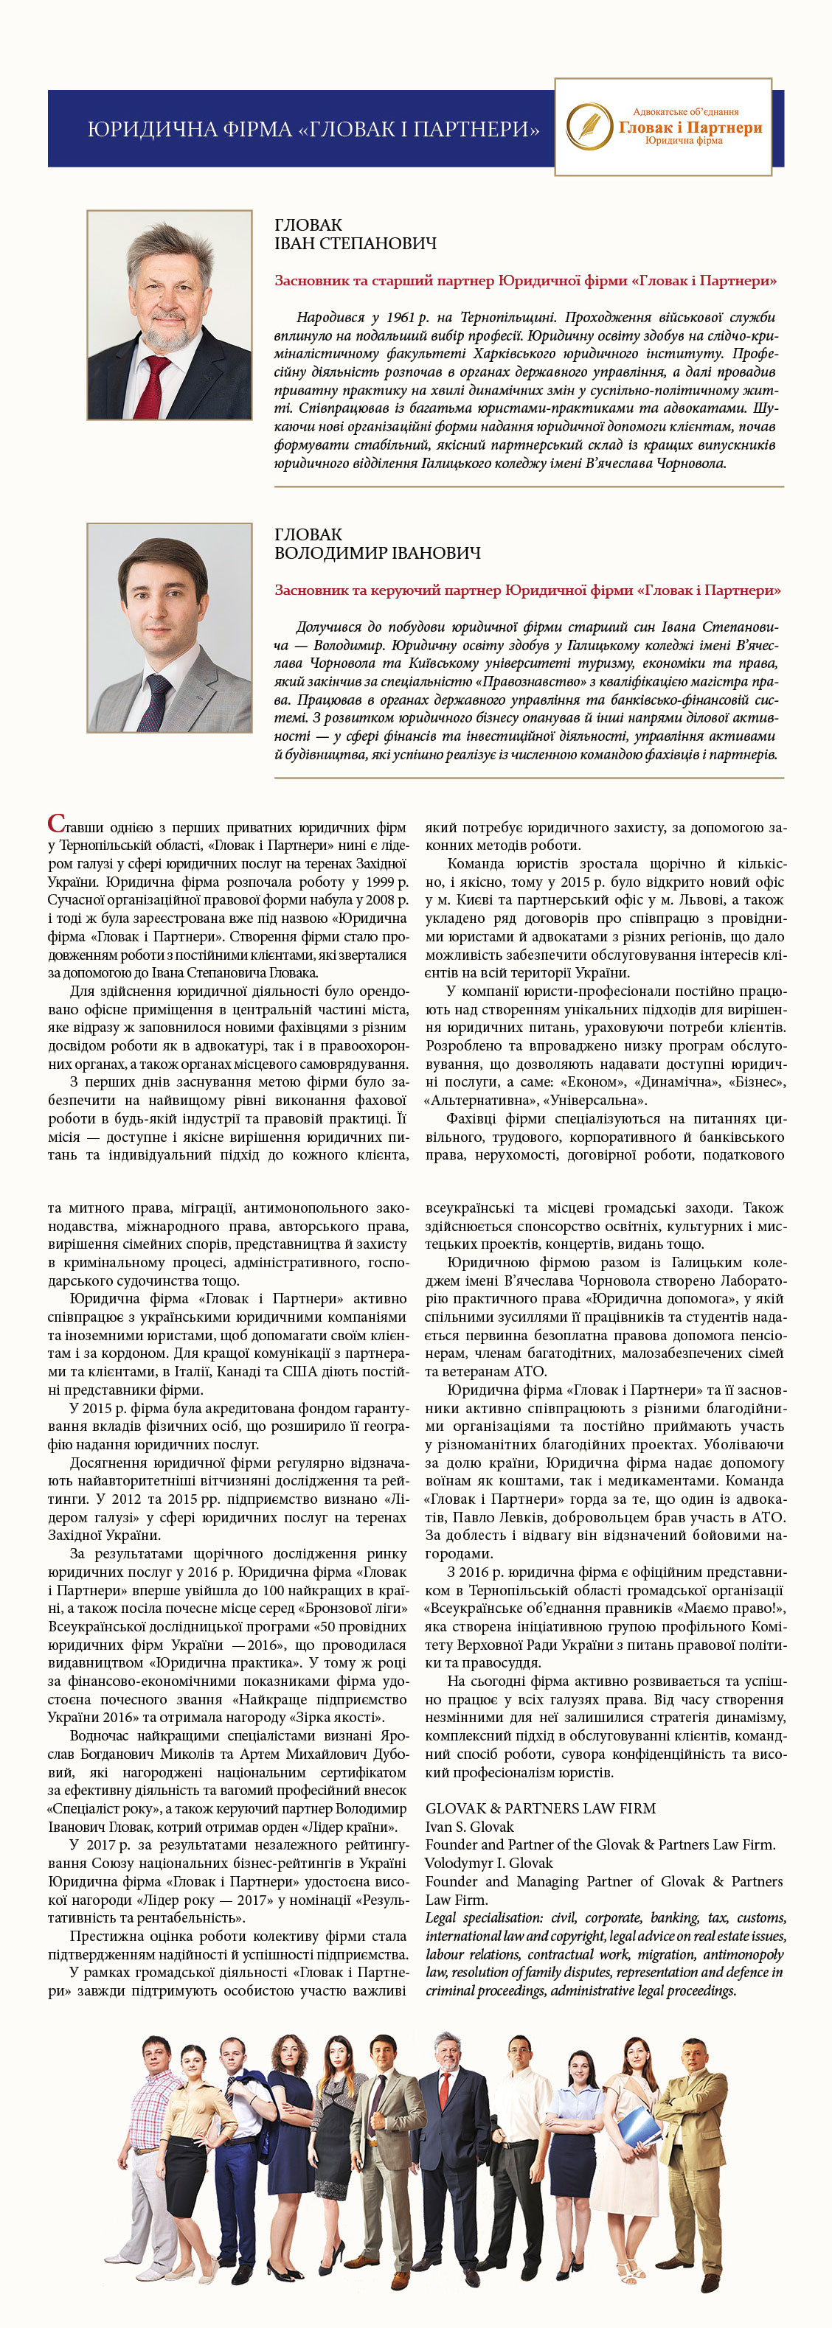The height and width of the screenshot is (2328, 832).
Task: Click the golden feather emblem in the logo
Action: tap(589, 127)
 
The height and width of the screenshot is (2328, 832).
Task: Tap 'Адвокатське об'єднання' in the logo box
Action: tap(685, 112)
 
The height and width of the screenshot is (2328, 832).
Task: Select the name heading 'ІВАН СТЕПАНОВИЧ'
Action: tap(356, 244)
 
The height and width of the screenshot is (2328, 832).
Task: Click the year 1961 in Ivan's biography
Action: tap(400, 317)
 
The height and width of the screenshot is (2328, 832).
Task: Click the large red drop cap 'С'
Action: tap(56, 824)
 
